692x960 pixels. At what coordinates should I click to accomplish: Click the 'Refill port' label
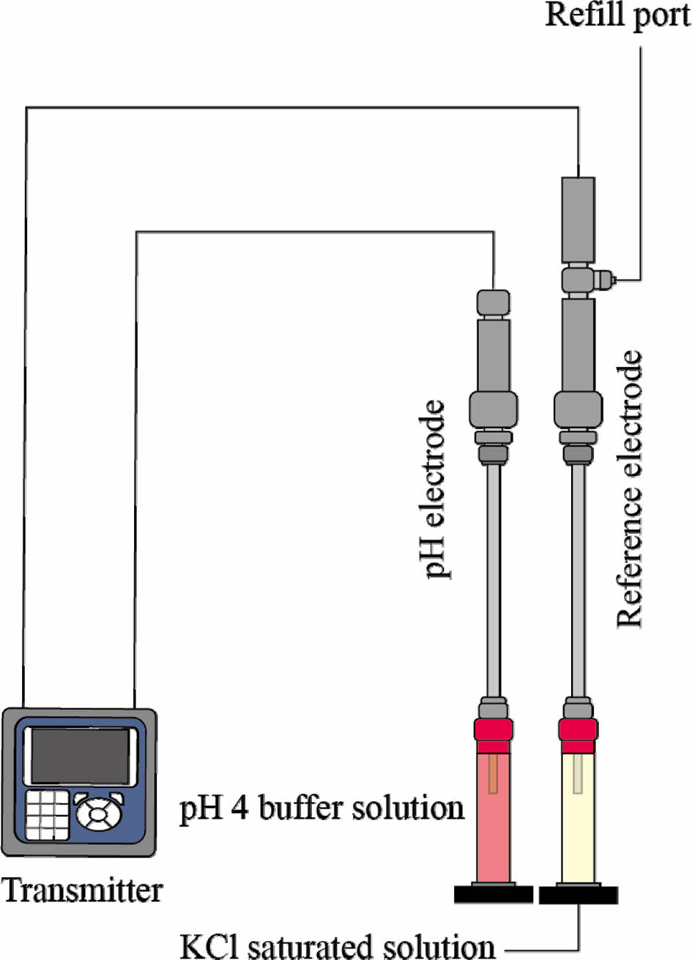[x=617, y=15]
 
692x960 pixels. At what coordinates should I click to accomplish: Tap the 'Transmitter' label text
[x=82, y=891]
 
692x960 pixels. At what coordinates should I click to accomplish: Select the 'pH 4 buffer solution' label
[x=323, y=808]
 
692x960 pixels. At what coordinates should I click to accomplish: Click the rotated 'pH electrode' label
[x=436, y=489]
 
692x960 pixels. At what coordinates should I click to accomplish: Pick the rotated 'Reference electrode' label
[x=629, y=489]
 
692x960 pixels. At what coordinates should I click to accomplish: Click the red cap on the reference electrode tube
[x=577, y=729]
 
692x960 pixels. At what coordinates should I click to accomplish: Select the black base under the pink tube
[x=493, y=894]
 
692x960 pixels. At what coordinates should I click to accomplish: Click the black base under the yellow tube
[x=578, y=894]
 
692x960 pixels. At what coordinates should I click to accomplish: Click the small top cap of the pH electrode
[x=494, y=302]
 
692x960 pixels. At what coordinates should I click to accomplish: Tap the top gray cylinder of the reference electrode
[x=578, y=220]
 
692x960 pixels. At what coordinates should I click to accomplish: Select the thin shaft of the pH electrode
[x=494, y=578]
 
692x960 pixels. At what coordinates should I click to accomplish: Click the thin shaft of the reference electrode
[x=578, y=578]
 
